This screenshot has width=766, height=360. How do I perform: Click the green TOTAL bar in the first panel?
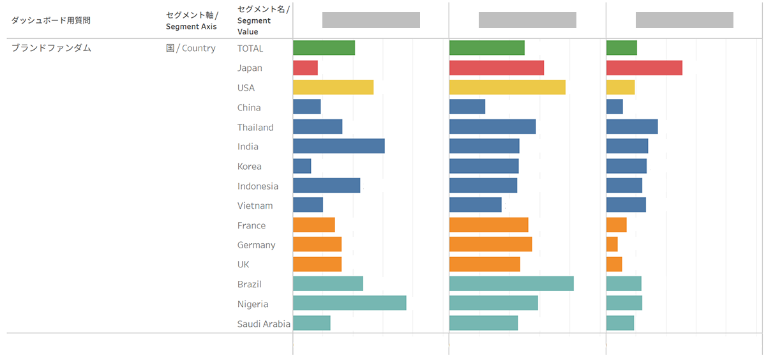pyautogui.click(x=324, y=48)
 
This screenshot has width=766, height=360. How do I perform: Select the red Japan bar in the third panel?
pyautogui.click(x=644, y=68)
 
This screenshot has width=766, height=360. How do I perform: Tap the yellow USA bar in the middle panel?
pyautogui.click(x=507, y=87)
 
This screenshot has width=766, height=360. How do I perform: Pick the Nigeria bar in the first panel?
pyautogui.click(x=350, y=304)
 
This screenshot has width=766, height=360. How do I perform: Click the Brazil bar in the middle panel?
pyautogui.click(x=511, y=284)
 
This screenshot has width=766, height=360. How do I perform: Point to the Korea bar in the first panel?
pyautogui.click(x=302, y=166)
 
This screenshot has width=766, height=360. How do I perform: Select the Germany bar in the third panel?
pyautogui.click(x=612, y=244)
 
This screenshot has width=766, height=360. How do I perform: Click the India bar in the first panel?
pyautogui.click(x=339, y=146)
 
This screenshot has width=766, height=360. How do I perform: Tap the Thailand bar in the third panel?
pyautogui.click(x=632, y=126)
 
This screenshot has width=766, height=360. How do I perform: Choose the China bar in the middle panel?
pyautogui.click(x=467, y=107)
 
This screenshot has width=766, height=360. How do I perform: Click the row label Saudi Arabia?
pyautogui.click(x=264, y=324)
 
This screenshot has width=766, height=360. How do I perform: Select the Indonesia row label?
pyautogui.click(x=258, y=186)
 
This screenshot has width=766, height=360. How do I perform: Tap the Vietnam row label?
pyautogui.click(x=255, y=206)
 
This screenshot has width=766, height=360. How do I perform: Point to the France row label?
pyautogui.click(x=252, y=225)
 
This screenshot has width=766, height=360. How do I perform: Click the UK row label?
pyautogui.click(x=243, y=264)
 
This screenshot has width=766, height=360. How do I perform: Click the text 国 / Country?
pyautogui.click(x=191, y=48)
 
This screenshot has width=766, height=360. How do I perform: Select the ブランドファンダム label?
pyautogui.click(x=51, y=48)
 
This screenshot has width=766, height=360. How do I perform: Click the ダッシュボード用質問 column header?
pyautogui.click(x=51, y=20)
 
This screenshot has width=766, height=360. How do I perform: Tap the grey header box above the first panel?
pyautogui.click(x=371, y=20)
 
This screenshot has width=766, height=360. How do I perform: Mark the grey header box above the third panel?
pyautogui.click(x=684, y=20)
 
